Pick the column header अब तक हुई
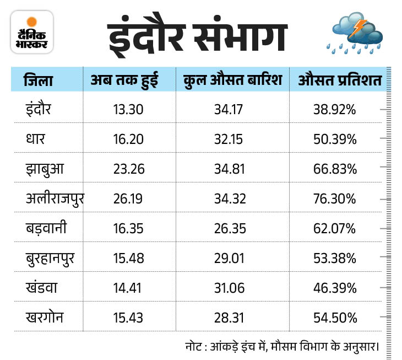tap(124, 80)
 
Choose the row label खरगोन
tap(46, 318)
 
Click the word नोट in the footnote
tap(195, 347)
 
